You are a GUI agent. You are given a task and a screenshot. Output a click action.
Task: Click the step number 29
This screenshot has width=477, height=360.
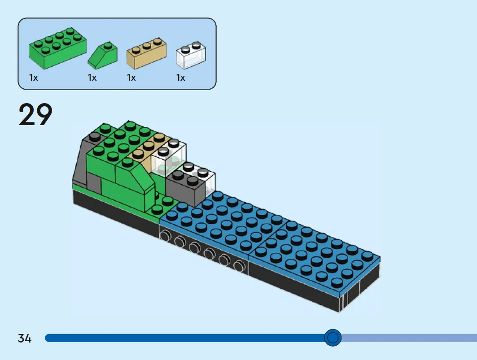point(35,114)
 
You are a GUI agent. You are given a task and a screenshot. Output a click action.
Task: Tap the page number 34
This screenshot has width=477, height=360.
point(25,338)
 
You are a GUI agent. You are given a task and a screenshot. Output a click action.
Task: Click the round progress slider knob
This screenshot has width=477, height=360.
point(333,338)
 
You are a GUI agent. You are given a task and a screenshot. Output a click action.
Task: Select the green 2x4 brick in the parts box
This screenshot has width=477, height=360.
point(57,48)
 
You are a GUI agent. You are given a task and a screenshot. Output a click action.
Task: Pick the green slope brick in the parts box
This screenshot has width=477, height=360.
point(102,55)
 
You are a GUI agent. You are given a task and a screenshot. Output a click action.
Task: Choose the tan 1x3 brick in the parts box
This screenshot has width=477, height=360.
point(146,53)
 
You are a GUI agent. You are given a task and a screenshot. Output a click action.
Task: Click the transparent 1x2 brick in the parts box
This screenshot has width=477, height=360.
point(191,55)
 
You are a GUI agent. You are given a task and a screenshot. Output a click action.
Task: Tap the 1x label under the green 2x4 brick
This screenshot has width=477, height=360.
point(34,78)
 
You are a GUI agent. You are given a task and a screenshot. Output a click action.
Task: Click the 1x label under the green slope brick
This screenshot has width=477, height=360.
point(92,78)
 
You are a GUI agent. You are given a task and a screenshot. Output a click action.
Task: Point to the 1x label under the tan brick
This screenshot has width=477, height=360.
point(131,78)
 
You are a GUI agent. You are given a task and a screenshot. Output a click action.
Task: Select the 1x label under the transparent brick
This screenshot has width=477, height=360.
point(181,78)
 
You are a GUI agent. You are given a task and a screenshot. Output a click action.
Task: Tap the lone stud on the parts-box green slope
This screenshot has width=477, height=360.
point(107,46)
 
